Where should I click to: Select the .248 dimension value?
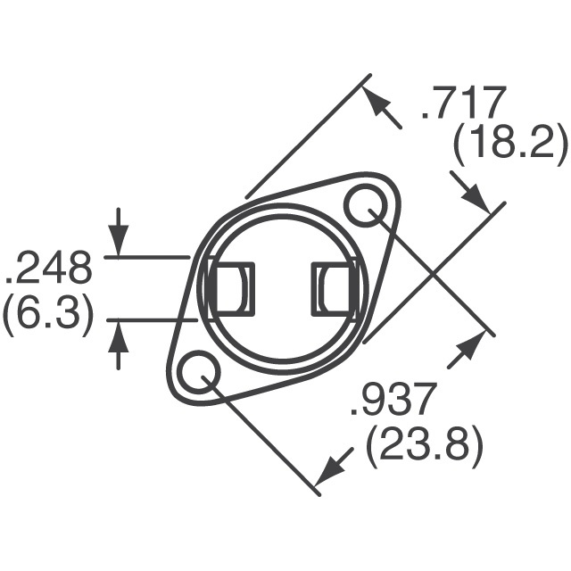50,268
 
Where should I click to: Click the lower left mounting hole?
197,374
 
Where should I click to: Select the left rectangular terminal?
230,290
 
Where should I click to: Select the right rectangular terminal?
334,290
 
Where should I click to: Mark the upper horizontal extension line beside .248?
147,257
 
